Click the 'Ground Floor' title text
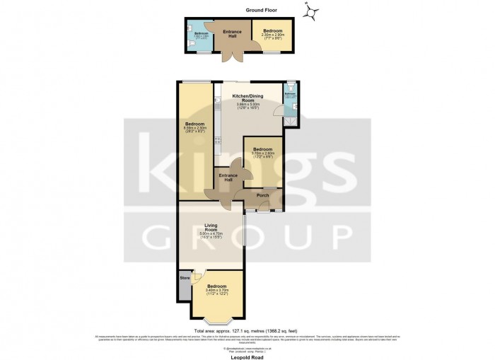(262, 11)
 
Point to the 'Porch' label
(262, 196)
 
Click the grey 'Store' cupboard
(185, 278)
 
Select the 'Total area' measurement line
(247, 330)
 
